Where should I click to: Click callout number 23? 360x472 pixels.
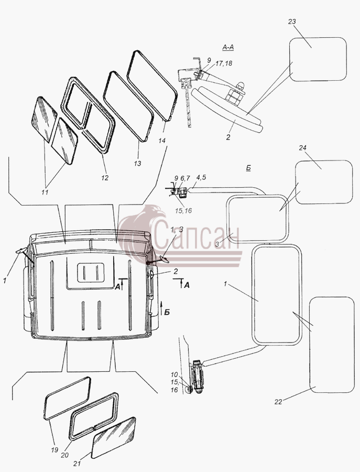pyautogui.click(x=292, y=22)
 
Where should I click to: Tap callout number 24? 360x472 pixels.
pyautogui.click(x=302, y=148)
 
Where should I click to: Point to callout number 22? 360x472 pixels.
pyautogui.click(x=278, y=402)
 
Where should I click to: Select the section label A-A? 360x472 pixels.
pyautogui.click(x=228, y=47)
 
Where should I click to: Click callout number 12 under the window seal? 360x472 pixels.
pyautogui.click(x=105, y=178)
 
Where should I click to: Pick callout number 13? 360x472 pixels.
pyautogui.click(x=137, y=164)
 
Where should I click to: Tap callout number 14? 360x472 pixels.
pyautogui.click(x=162, y=140)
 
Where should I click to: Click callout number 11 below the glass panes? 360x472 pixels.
pyautogui.click(x=45, y=192)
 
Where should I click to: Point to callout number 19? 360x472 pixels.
pyautogui.click(x=54, y=450)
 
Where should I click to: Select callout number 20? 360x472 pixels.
pyautogui.click(x=65, y=455)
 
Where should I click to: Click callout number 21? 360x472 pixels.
pyautogui.click(x=77, y=464)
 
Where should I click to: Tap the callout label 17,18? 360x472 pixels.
pyautogui.click(x=224, y=63)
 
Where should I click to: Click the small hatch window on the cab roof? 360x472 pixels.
pyautogui.click(x=91, y=272)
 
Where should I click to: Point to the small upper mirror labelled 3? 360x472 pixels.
pyautogui.click(x=257, y=218)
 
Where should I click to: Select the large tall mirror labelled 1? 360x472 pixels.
pyautogui.click(x=276, y=294)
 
